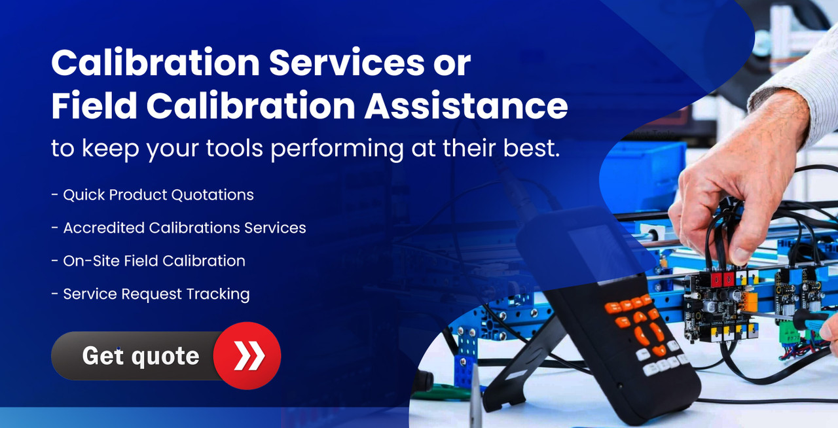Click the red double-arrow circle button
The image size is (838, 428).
247,355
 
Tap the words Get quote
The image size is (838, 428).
141,356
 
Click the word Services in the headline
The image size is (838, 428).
346,62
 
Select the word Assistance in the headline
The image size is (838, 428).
466,105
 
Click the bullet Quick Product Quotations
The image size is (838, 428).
153,195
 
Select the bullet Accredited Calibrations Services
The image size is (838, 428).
179,228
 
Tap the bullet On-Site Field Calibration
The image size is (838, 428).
149,260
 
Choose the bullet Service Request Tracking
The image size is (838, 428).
151,294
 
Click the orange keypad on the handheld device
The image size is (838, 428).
636,322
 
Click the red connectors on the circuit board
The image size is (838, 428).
723,278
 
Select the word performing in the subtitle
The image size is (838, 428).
337,149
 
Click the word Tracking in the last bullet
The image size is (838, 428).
218,294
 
